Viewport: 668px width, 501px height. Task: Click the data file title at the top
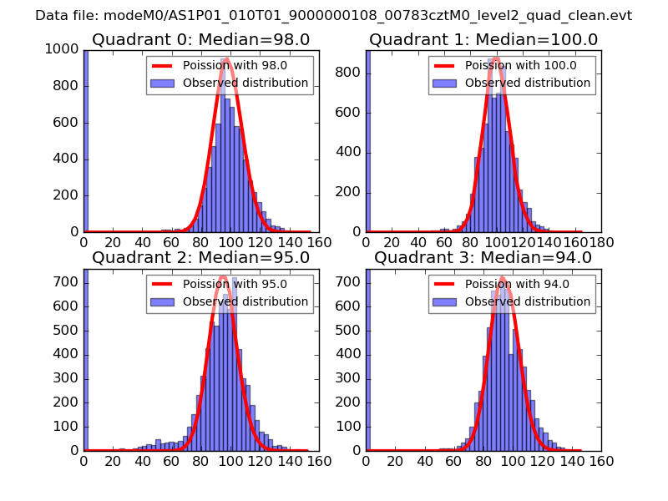point(333,15)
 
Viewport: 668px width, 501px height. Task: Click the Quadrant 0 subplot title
point(200,40)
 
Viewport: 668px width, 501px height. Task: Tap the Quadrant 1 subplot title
point(483,40)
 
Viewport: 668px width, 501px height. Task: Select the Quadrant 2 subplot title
point(200,258)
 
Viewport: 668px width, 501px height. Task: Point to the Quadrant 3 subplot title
point(483,258)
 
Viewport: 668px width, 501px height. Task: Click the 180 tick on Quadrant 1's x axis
point(601,242)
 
